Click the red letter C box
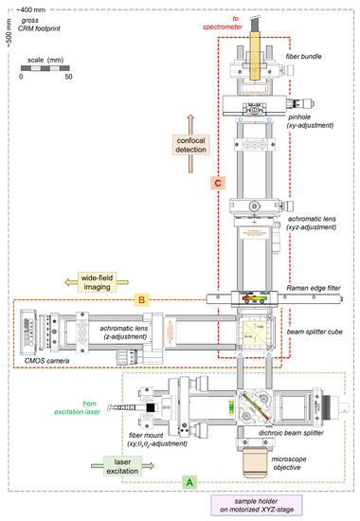(x=217, y=182)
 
